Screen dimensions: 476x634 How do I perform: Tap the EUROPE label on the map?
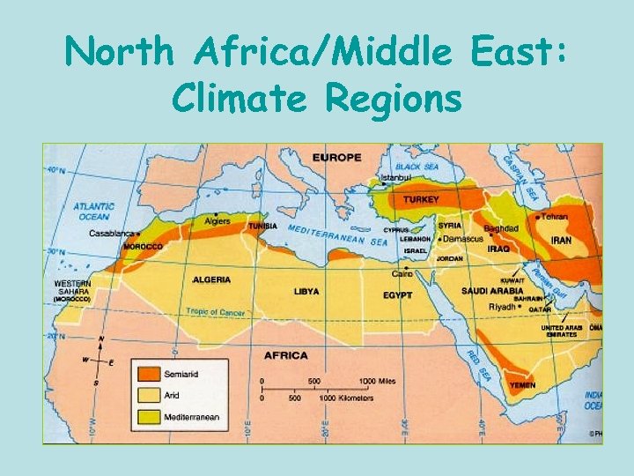pyautogui.click(x=336, y=157)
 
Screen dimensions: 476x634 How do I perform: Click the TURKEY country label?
pyautogui.click(x=421, y=199)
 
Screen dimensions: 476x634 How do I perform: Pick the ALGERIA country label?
pyautogui.click(x=211, y=279)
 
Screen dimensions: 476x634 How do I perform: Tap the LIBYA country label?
pyautogui.click(x=306, y=291)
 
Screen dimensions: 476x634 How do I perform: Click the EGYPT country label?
pyautogui.click(x=397, y=294)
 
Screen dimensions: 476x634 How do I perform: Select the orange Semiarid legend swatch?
pyautogui.click(x=146, y=375)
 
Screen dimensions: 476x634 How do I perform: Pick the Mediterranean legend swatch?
pyautogui.click(x=146, y=416)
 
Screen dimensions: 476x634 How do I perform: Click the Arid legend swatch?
pyautogui.click(x=146, y=396)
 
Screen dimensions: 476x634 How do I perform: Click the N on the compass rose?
pyautogui.click(x=102, y=339)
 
